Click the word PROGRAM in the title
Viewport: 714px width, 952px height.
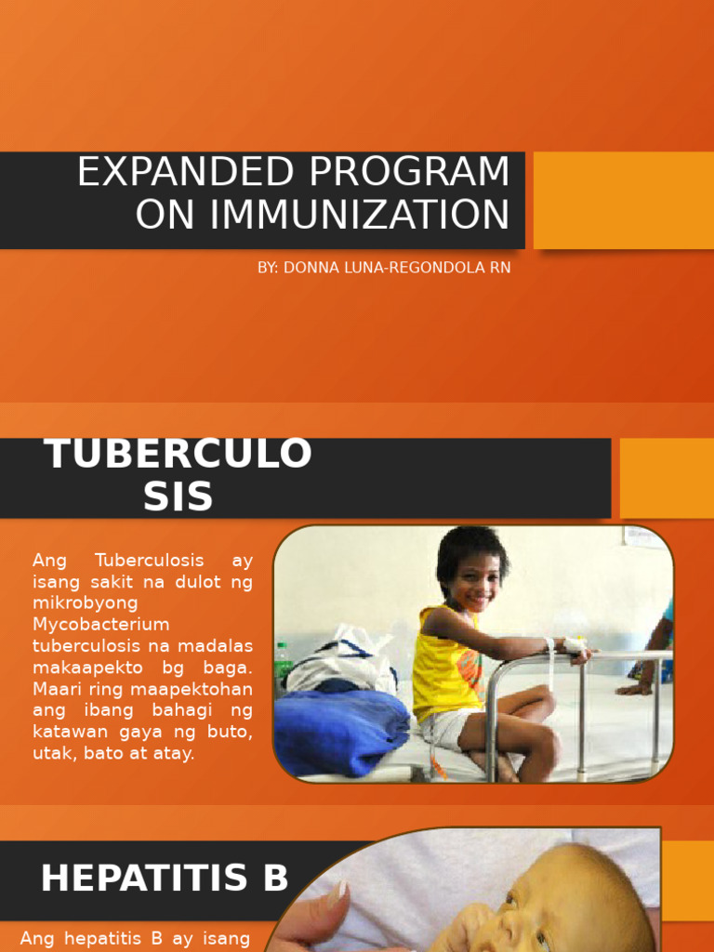click(409, 172)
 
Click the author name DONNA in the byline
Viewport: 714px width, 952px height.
click(311, 268)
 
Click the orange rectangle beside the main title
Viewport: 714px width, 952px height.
click(624, 201)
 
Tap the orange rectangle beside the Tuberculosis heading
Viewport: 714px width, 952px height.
click(667, 478)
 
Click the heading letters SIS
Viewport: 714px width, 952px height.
click(178, 496)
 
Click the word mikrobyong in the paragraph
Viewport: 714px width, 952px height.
click(85, 603)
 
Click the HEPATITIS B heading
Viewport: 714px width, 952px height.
click(165, 879)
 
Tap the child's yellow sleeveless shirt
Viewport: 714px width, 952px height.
click(448, 665)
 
